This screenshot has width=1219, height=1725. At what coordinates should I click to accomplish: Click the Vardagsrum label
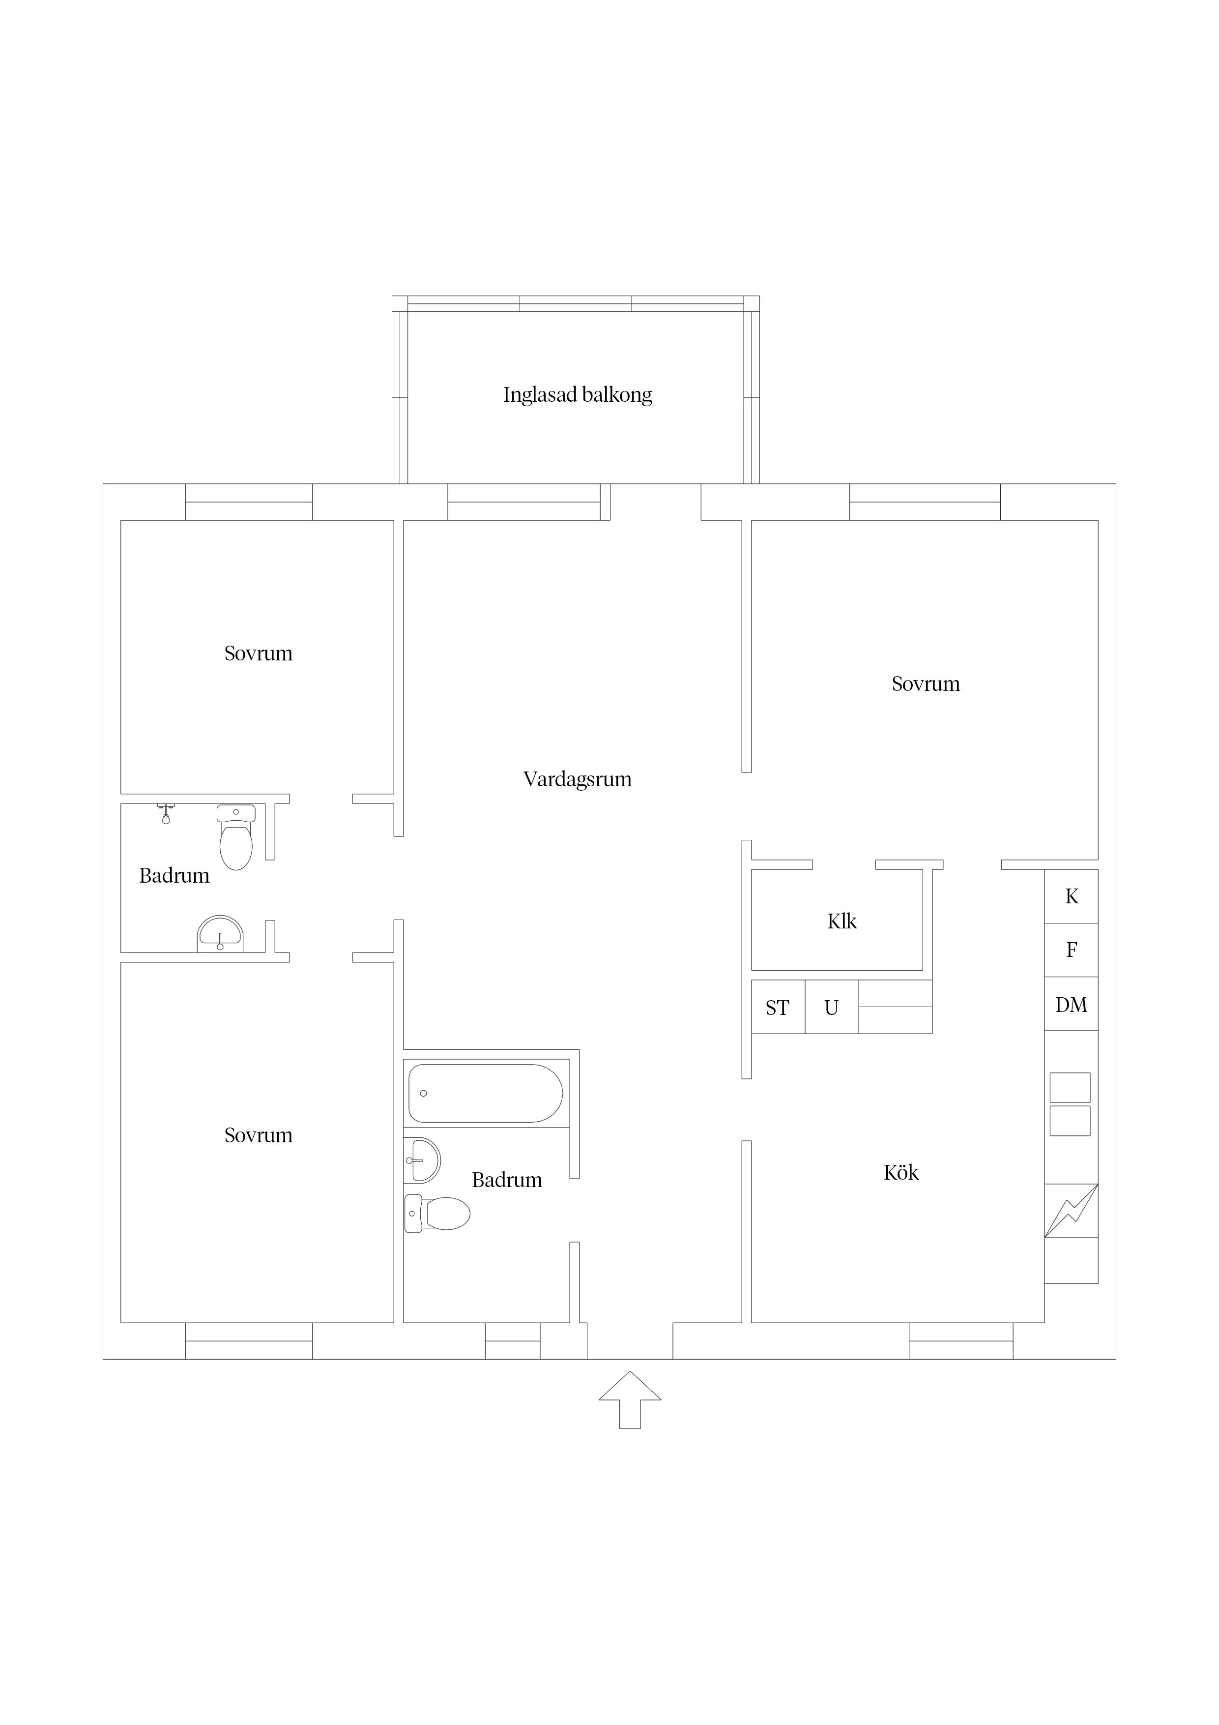pyautogui.click(x=577, y=779)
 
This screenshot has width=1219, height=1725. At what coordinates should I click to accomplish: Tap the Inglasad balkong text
pyautogui.click(x=577, y=394)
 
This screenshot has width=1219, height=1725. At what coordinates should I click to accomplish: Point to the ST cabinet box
pyautogui.click(x=778, y=1007)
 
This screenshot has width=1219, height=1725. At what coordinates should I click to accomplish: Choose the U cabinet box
pyautogui.click(x=832, y=1007)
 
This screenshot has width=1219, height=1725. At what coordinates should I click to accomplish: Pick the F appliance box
pyautogui.click(x=1071, y=950)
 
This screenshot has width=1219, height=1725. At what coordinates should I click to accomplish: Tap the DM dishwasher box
pyautogui.click(x=1071, y=1004)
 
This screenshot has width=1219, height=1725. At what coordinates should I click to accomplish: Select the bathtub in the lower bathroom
pyautogui.click(x=485, y=1093)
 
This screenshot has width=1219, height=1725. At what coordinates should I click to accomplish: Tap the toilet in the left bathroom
pyautogui.click(x=236, y=836)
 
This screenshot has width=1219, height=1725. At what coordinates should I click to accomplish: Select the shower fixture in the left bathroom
pyautogui.click(x=166, y=813)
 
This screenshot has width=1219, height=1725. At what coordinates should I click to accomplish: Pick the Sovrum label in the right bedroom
pyautogui.click(x=926, y=684)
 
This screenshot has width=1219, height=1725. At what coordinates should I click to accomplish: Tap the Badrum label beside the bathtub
pyautogui.click(x=506, y=1180)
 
